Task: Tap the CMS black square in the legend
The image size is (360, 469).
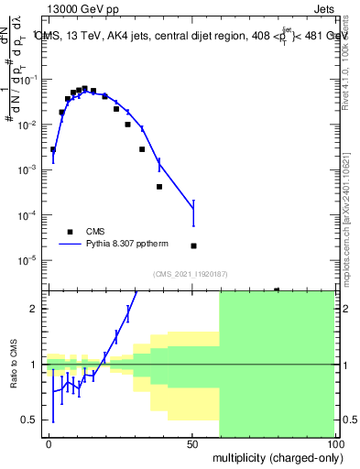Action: [x=70, y=232]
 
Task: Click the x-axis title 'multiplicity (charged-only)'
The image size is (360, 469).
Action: [x=274, y=455]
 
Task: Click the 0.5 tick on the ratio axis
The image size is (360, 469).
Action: [x=33, y=420]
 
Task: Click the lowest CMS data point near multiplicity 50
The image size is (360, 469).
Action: [x=193, y=245]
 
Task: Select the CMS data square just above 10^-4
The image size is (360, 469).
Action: [x=159, y=187]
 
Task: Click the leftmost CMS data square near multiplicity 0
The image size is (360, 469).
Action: [x=53, y=149]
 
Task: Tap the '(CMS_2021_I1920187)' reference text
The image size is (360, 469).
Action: [x=190, y=273]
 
